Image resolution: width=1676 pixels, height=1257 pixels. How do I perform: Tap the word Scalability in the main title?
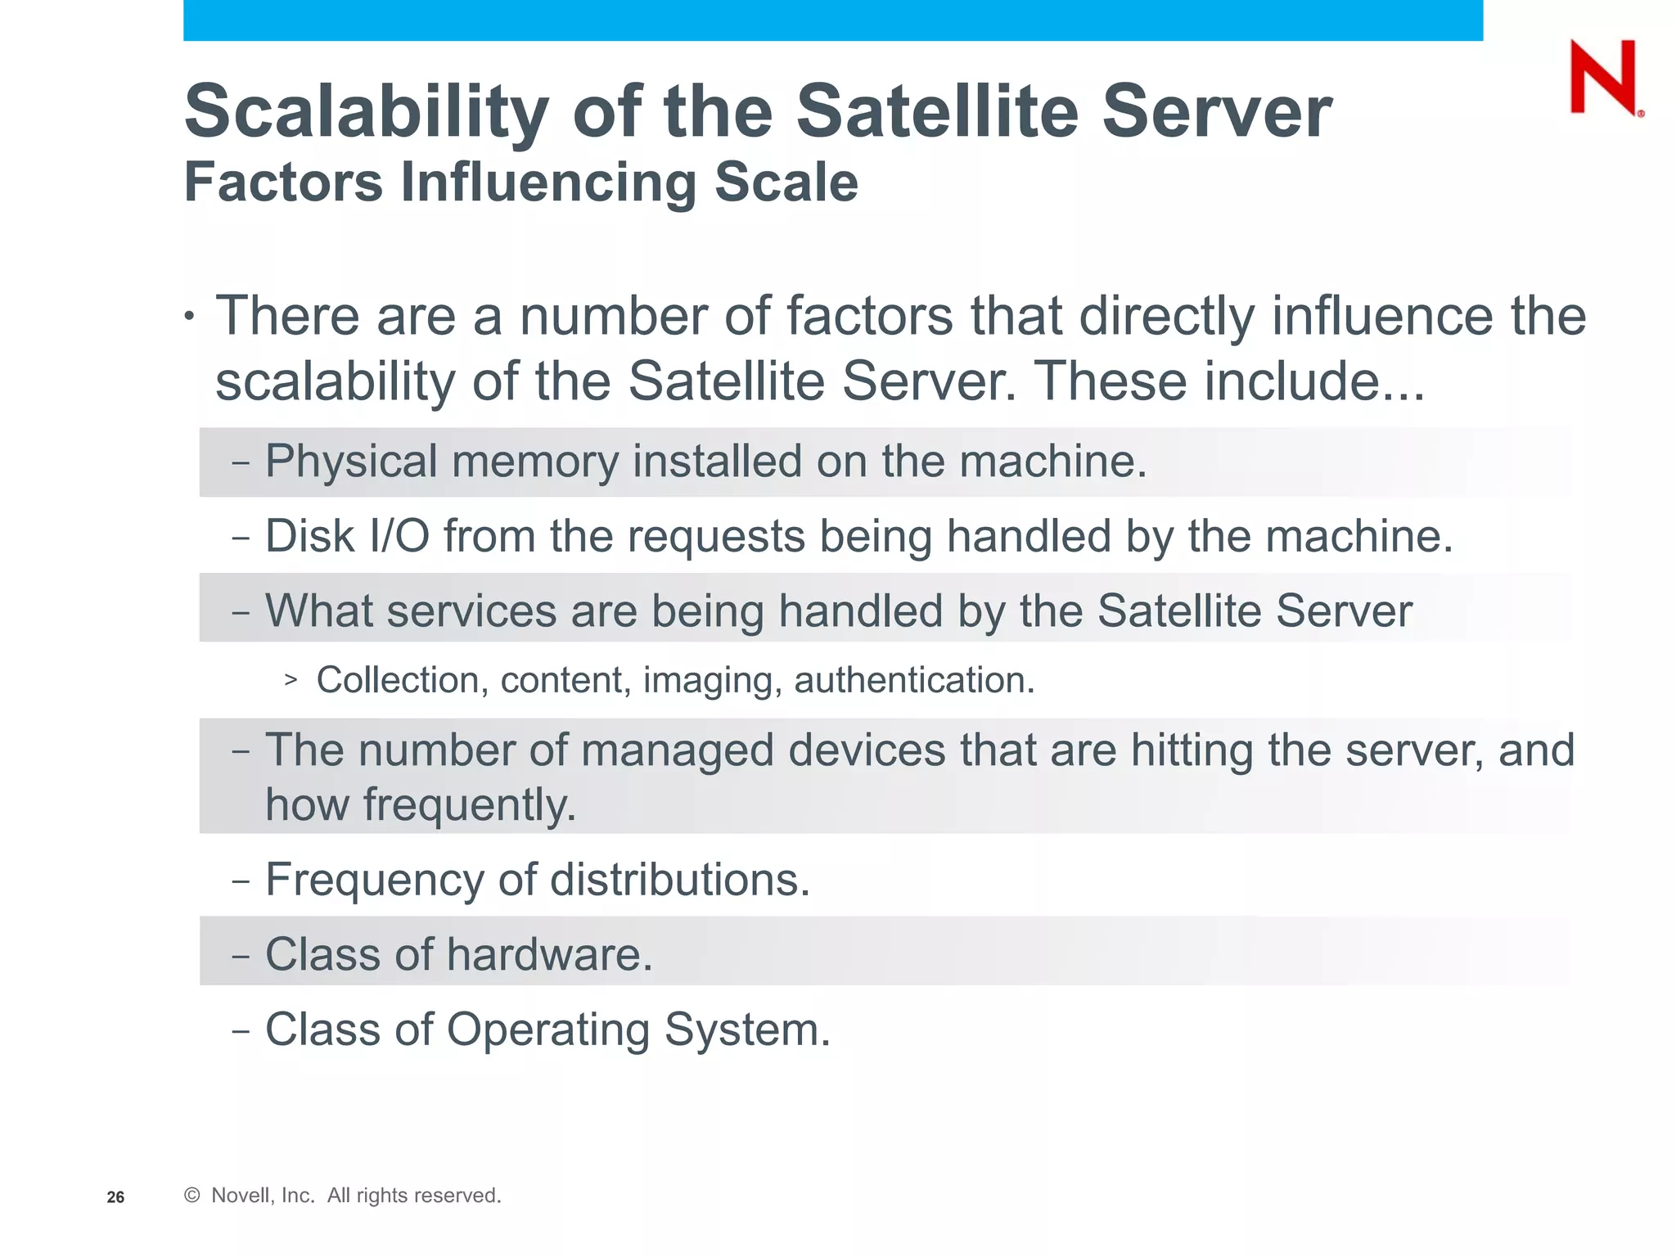366,112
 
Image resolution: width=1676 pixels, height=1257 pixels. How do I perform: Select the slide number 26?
115,1197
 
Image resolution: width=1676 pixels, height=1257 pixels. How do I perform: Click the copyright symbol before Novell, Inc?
192,1196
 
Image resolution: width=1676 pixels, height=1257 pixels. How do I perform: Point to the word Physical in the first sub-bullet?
351,462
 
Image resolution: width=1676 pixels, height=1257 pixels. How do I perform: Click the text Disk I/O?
347,537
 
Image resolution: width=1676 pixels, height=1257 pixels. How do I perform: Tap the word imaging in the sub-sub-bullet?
707,681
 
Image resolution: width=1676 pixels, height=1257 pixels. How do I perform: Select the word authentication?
913,681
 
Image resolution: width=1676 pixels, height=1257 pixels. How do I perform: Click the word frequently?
469,805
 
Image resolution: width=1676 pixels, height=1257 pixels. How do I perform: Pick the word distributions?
679,880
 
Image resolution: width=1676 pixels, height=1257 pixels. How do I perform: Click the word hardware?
549,955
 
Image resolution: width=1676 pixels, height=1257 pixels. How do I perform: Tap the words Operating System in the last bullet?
638,1029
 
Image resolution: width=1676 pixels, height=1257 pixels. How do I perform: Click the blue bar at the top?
832,20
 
